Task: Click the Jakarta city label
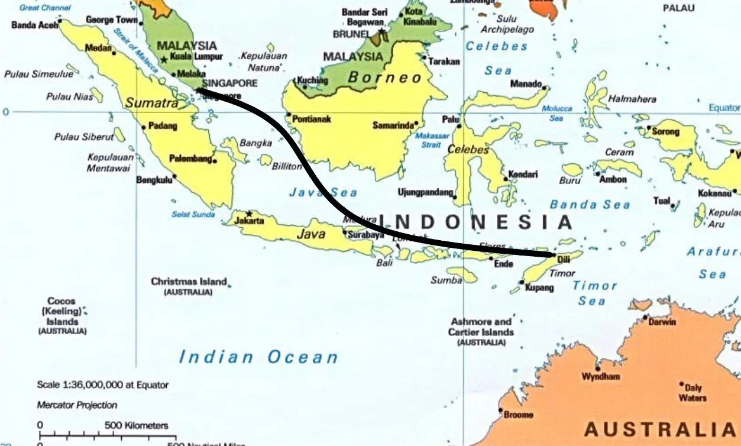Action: click(x=249, y=221)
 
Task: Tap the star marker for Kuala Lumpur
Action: click(x=164, y=60)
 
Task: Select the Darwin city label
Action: click(x=662, y=322)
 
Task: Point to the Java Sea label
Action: click(x=323, y=192)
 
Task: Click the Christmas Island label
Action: click(x=189, y=282)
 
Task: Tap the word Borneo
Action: click(x=384, y=77)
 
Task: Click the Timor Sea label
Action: click(x=594, y=293)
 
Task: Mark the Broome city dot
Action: click(x=501, y=411)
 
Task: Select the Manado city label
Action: click(x=526, y=83)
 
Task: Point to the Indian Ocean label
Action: click(x=258, y=357)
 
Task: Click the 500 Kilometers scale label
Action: click(x=137, y=425)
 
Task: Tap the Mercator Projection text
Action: click(x=77, y=405)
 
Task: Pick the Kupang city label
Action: click(x=539, y=288)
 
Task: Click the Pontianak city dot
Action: click(x=289, y=115)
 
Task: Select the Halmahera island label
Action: click(x=632, y=99)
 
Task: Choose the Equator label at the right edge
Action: click(x=724, y=108)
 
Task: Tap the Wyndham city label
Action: click(x=601, y=377)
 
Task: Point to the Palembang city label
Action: click(x=190, y=159)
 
